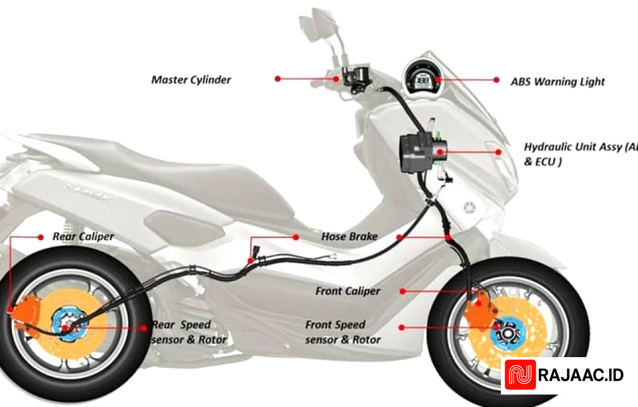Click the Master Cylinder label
191,80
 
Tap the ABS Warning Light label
558,82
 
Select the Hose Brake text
350,237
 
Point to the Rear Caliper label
83,237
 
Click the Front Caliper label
347,291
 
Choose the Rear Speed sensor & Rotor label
189,332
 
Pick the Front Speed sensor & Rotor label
343,332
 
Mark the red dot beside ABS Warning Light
497,80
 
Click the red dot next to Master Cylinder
278,79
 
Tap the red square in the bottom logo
520,376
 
